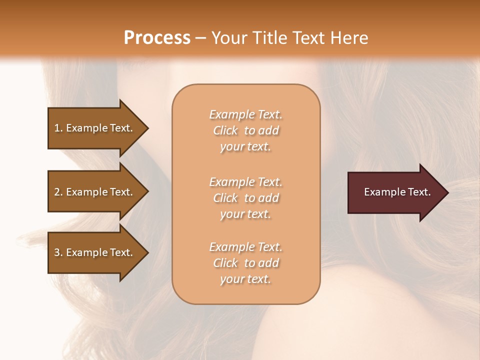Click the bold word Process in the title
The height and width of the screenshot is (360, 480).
click(157, 38)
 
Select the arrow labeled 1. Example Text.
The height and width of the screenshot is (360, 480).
click(95, 128)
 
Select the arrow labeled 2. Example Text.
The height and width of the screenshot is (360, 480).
click(95, 192)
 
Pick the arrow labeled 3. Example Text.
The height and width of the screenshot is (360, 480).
click(95, 252)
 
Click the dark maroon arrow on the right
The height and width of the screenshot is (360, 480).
click(395, 192)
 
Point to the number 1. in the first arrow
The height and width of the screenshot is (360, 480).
click(58, 128)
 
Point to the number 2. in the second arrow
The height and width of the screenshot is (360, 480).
click(58, 192)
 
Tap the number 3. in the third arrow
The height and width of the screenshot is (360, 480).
click(58, 252)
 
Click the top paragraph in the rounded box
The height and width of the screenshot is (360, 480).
click(245, 130)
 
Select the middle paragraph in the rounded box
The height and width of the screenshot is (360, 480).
click(245, 198)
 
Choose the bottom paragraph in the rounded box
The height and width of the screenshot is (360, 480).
click(245, 263)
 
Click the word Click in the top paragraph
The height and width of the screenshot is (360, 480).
click(225, 131)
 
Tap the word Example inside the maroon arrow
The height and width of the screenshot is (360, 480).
click(382, 192)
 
